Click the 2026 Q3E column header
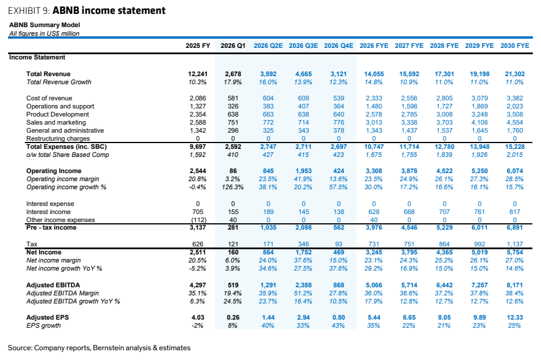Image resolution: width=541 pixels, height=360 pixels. coord(303,46)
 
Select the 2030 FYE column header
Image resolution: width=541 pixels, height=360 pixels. coord(515,46)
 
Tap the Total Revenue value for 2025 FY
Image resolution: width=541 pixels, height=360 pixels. coord(198,74)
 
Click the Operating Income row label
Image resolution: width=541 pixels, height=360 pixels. coord(54,171)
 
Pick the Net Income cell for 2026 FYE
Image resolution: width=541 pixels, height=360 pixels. coord(374,252)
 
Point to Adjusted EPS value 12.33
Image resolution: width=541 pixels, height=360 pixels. coord(515,317)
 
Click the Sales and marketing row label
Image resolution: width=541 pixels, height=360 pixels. coord(56,122)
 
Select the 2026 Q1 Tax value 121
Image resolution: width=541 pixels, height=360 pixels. coord(233,244)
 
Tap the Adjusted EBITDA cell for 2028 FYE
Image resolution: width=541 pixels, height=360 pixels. coord(444,285)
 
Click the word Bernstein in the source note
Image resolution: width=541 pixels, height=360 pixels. coord(107,347)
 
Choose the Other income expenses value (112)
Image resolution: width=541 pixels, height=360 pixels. coord(198,220)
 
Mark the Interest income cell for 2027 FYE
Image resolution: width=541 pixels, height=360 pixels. coord(409,212)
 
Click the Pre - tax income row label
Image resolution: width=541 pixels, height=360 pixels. coord(51,227)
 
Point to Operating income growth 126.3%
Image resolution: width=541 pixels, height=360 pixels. coord(233,187)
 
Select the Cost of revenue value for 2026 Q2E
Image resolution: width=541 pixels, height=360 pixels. coord(268,98)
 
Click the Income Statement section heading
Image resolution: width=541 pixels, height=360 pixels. coord(37,57)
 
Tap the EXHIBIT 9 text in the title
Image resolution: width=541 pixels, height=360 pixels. coord(29,11)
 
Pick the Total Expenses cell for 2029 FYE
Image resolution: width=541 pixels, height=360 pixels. coord(480,147)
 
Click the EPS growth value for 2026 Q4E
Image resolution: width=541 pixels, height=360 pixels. coord(339,325)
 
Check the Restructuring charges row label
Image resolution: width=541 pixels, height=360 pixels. coord(58,138)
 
